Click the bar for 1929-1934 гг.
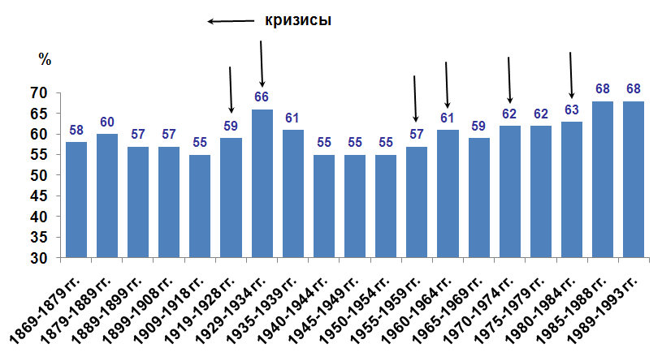coord(262,183)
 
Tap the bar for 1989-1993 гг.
coord(634,179)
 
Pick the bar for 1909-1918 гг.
coord(200,206)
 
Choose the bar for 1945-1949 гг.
coord(355,206)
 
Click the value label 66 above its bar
coord(262,97)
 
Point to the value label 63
coord(572,110)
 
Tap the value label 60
coord(107,122)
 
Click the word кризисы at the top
coord(298,20)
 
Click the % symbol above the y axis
coord(45,59)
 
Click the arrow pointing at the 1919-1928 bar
coord(231,89)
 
